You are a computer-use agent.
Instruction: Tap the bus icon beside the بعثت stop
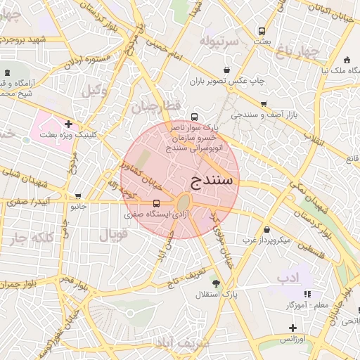click(262, 32)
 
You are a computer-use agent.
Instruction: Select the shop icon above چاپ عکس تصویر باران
click(226, 70)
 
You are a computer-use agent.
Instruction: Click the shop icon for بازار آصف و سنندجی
click(263, 104)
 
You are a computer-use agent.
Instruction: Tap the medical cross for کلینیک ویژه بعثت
click(67, 124)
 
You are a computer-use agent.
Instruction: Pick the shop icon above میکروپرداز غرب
click(266, 229)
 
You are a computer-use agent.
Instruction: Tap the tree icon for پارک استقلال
click(216, 283)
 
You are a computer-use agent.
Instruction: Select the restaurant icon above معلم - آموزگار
click(307, 294)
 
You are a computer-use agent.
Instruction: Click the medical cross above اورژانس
click(292, 328)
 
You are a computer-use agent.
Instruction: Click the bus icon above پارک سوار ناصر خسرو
click(194, 117)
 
